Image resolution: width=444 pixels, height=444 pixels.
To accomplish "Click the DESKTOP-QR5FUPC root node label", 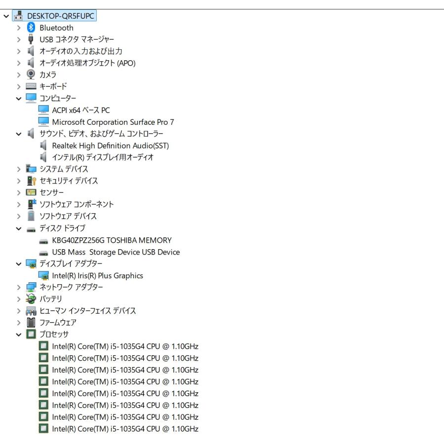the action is click(61, 16).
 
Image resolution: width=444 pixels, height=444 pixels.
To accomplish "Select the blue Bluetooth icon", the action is click(31, 28).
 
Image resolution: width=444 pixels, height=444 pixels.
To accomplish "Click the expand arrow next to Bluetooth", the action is click(19, 28).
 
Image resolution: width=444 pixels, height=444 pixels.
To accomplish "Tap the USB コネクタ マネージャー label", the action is click(77, 39).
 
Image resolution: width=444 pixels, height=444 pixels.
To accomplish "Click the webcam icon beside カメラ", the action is click(31, 74).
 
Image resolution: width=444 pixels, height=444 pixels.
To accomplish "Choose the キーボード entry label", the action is click(53, 86).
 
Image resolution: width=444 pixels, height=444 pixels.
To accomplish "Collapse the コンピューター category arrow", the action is click(19, 99).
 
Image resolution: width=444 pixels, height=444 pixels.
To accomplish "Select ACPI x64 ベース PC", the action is click(81, 110).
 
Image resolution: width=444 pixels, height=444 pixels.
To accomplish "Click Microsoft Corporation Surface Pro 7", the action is click(113, 122).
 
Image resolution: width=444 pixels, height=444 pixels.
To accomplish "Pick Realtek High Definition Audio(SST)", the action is click(111, 146).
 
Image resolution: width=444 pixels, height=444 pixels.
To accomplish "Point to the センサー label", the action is click(51, 192).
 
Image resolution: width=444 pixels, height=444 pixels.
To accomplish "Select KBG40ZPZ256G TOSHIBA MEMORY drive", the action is click(112, 240).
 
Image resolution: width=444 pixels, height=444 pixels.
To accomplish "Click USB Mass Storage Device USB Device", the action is click(116, 252).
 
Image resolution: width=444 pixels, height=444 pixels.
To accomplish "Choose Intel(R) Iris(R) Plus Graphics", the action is click(97, 275).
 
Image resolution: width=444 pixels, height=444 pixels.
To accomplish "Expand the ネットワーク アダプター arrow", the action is click(19, 288).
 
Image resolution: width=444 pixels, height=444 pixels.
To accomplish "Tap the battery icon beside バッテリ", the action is click(31, 299).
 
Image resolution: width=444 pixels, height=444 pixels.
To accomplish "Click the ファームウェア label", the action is click(58, 323).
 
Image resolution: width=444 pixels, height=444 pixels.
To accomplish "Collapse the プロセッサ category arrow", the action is click(19, 334).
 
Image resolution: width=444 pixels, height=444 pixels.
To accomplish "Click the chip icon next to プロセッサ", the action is click(31, 334).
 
